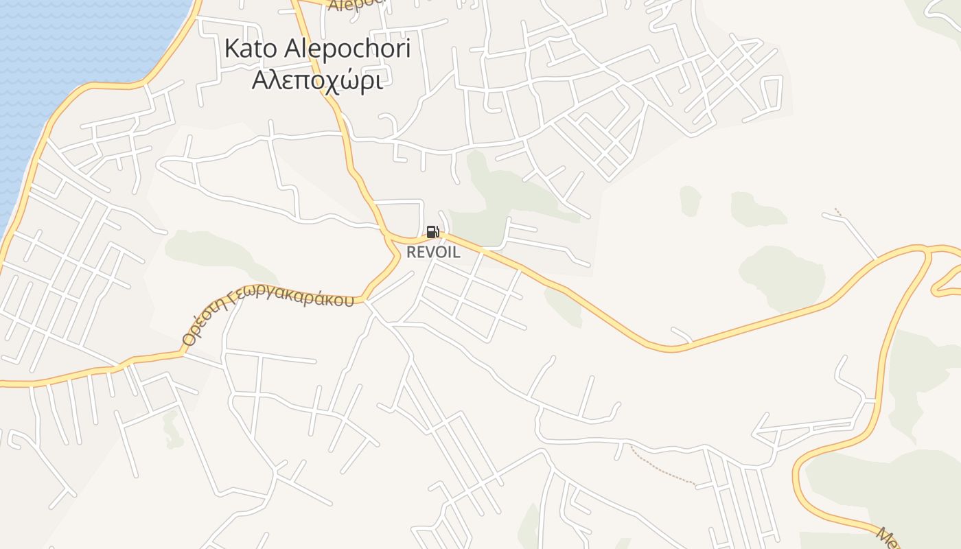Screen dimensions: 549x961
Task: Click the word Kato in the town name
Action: click(x=249, y=49)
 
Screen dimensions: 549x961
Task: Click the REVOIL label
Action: click(x=433, y=252)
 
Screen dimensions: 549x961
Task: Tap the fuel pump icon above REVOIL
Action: click(x=432, y=232)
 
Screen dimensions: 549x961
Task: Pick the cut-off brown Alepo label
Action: click(x=354, y=5)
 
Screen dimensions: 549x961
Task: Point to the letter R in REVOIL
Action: click(x=411, y=252)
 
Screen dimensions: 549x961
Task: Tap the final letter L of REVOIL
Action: click(x=456, y=252)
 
